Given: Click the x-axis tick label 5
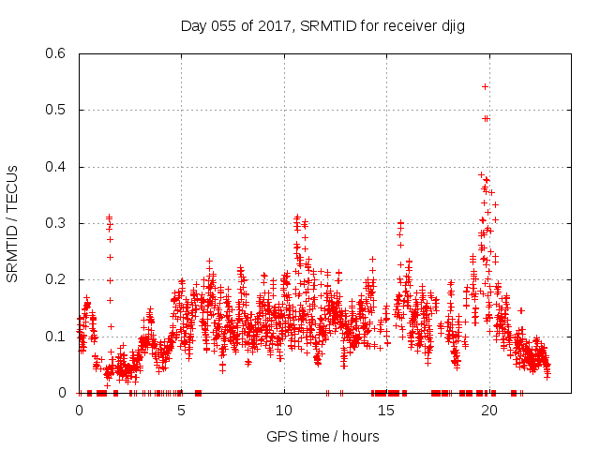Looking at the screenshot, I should pyautogui.click(x=182, y=411).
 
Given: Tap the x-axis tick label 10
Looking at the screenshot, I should pyautogui.click(x=284, y=411).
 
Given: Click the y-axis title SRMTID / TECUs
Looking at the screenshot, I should pyautogui.click(x=13, y=223).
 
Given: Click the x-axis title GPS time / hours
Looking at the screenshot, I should pyautogui.click(x=322, y=436).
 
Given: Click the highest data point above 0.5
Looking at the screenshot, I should pyautogui.click(x=485, y=86).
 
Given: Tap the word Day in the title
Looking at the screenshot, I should pyautogui.click(x=194, y=26).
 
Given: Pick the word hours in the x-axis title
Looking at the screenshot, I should pyautogui.click(x=360, y=436).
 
